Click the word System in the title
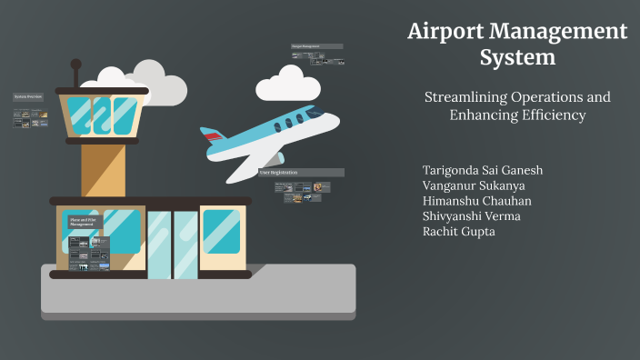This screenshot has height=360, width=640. pos(517,58)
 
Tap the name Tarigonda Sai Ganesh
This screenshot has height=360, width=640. pos(483,171)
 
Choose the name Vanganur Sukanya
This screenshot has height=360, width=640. pos(474,186)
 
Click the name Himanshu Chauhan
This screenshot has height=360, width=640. pos(477,201)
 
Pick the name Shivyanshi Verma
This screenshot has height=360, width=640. pos(472,216)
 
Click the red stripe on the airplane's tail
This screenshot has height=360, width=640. pos(213,137)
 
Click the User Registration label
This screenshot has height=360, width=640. pos(281,172)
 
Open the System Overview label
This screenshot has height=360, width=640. pos(28,95)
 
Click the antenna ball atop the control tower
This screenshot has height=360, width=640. pos(76,65)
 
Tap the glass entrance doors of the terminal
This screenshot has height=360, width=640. pos(172,244)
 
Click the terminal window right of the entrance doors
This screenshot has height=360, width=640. pos(221,231)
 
